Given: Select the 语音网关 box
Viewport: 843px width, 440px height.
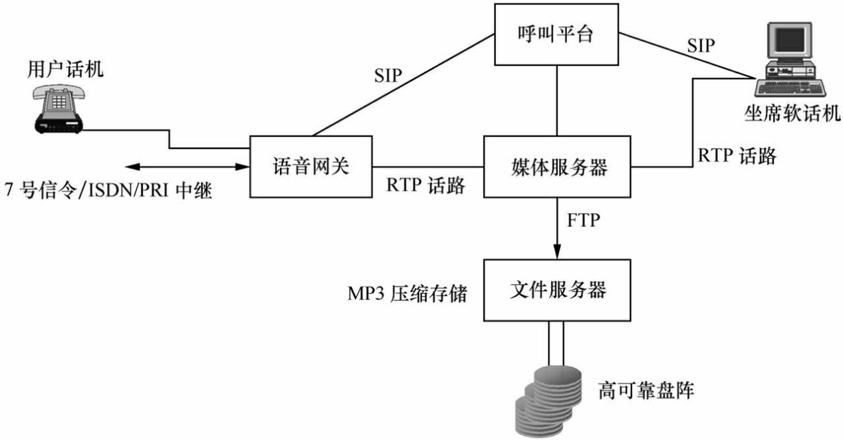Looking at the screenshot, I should pyautogui.click(x=310, y=166).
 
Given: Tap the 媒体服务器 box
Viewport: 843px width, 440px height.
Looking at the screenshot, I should pyautogui.click(x=556, y=166).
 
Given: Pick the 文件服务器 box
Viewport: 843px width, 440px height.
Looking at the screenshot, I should pyautogui.click(x=556, y=290).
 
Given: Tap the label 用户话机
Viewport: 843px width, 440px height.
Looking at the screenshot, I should pyautogui.click(x=65, y=68).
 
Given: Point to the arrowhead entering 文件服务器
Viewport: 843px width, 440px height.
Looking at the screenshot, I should pyautogui.click(x=556, y=252).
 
